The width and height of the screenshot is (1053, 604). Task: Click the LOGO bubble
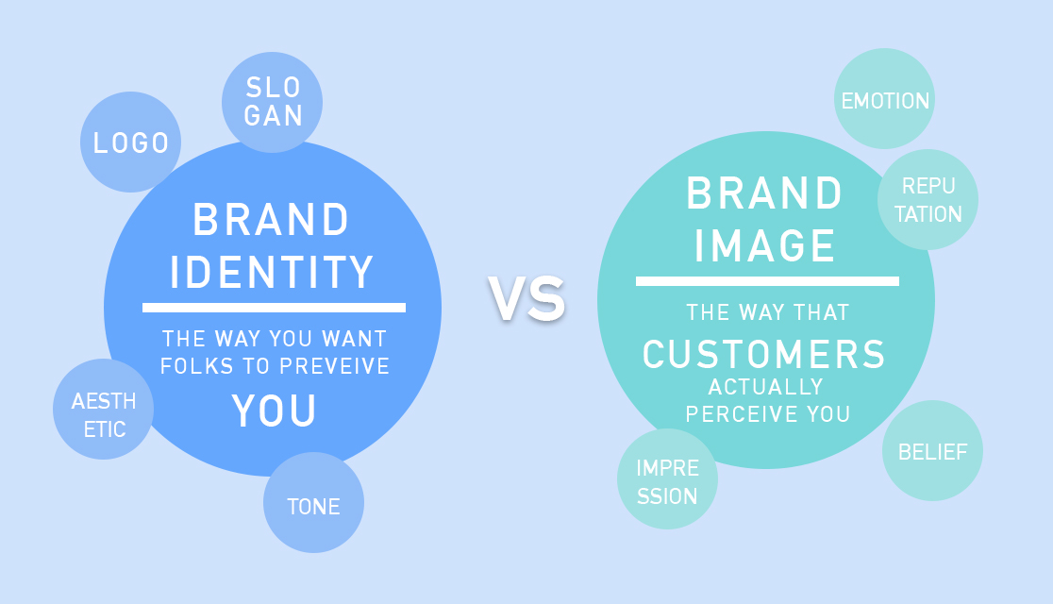tap(130, 142)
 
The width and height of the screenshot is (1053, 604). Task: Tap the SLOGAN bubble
tap(272, 102)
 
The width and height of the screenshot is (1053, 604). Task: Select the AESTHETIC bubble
tap(104, 410)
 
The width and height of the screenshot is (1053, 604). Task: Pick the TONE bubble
tap(313, 503)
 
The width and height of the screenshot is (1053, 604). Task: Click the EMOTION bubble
tap(884, 99)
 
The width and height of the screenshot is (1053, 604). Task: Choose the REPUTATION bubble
tap(928, 199)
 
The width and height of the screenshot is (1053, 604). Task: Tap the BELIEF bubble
tap(933, 451)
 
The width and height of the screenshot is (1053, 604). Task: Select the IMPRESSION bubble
tap(667, 479)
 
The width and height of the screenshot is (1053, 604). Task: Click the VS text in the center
tap(527, 299)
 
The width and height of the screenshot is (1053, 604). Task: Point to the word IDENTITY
tap(272, 272)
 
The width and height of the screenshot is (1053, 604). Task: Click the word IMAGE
tap(765, 245)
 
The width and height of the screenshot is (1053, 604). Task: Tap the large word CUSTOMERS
tap(764, 354)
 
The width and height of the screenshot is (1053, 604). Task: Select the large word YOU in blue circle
tap(274, 411)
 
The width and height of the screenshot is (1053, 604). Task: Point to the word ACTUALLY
tap(765, 387)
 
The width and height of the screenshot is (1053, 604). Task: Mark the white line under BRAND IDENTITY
tap(274, 308)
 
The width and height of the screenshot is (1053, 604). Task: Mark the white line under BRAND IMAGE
tap(768, 281)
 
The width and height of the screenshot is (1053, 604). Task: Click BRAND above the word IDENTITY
tap(272, 220)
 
